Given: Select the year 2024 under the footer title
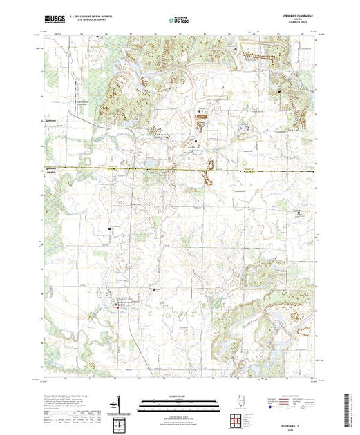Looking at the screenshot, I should [x=298, y=427].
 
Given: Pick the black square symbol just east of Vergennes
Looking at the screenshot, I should [x=153, y=289].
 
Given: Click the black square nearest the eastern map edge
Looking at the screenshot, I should [x=299, y=213].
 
